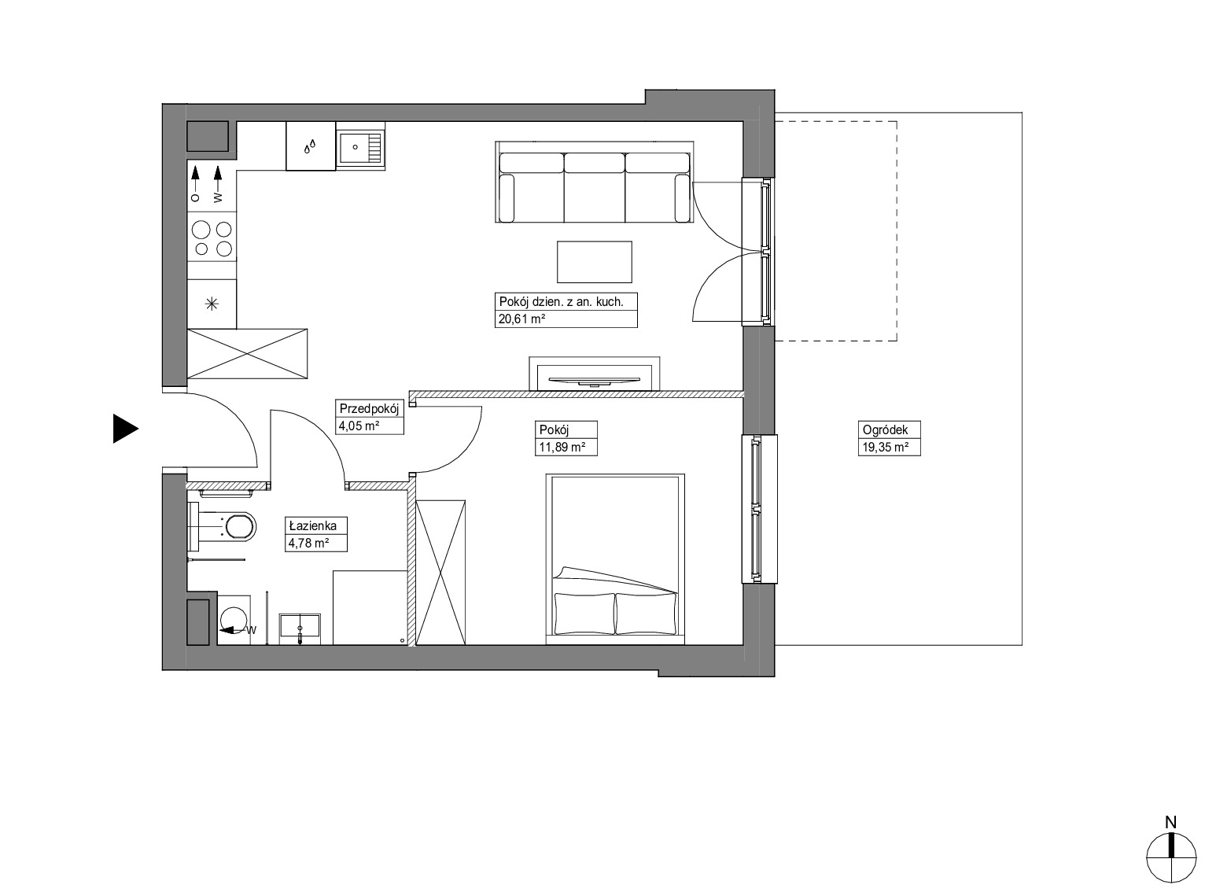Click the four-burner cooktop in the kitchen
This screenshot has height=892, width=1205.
(x=212, y=238)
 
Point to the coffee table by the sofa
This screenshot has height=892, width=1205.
(x=595, y=262)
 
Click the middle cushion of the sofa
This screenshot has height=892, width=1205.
(x=595, y=187)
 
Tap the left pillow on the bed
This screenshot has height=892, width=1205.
(x=584, y=614)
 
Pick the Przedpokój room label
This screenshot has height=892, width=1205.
(x=370, y=408)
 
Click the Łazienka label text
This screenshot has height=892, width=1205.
(x=313, y=525)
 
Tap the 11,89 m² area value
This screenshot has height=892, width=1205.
(x=562, y=448)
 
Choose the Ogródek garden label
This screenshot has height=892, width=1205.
(x=886, y=429)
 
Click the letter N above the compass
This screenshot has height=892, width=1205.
(x=1170, y=823)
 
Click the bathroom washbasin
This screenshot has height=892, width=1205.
(x=300, y=625)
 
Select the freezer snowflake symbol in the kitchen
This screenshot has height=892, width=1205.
(x=212, y=304)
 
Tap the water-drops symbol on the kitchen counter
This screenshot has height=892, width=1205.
(x=310, y=146)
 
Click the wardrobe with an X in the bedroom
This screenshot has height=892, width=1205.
(x=440, y=573)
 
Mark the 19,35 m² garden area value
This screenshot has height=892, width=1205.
(x=886, y=448)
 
